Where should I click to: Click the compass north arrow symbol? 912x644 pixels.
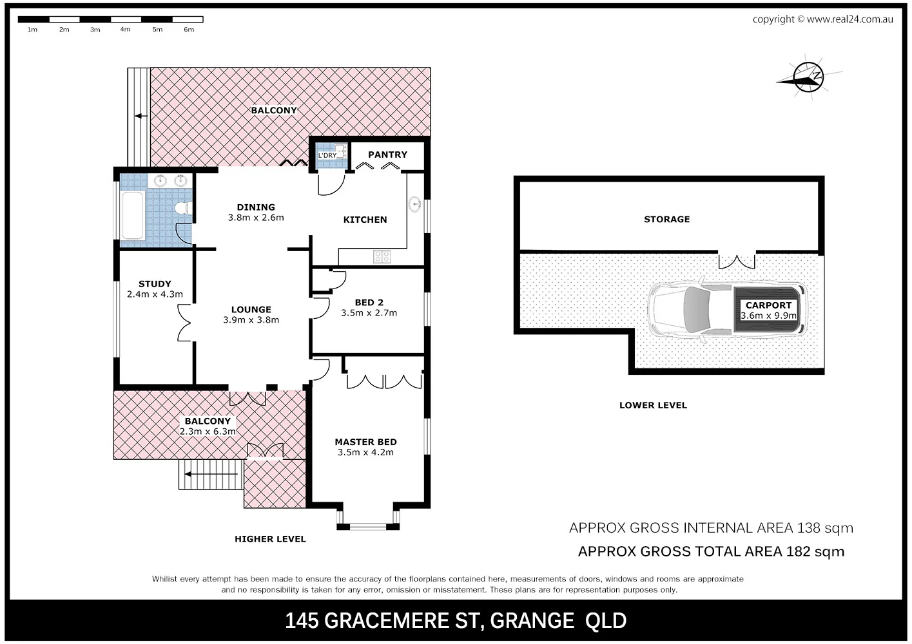(808, 77)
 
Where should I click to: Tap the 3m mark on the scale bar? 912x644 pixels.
(95, 30)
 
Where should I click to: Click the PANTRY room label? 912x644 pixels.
(387, 155)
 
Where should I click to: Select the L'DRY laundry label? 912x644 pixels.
(327, 155)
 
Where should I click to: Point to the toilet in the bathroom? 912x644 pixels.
(183, 207)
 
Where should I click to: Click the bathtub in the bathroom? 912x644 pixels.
(133, 215)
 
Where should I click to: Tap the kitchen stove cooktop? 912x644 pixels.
(382, 256)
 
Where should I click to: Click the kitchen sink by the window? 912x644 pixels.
(414, 205)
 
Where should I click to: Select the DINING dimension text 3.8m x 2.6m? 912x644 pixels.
(256, 218)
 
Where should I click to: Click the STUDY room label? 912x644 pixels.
(155, 283)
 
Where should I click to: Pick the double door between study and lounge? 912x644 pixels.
(186, 322)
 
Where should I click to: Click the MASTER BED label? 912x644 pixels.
(365, 442)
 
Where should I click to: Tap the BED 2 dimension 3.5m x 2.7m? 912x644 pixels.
(369, 313)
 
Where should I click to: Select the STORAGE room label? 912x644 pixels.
(666, 219)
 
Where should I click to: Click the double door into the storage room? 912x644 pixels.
(737, 261)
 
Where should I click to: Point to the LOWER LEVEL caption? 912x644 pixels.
(653, 405)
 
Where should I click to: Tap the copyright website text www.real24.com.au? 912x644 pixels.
(849, 19)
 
